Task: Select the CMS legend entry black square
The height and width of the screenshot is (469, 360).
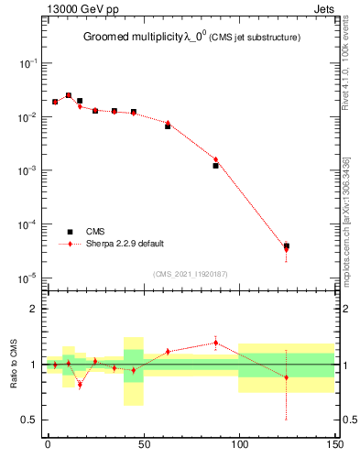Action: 70,232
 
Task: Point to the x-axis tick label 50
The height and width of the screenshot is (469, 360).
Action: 143,443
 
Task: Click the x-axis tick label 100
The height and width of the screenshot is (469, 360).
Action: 238,443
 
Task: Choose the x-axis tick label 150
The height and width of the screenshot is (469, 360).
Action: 334,443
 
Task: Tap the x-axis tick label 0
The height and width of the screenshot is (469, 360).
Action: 48,443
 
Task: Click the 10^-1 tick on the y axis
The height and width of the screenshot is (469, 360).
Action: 28,63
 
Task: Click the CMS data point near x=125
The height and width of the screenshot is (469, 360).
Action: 287,246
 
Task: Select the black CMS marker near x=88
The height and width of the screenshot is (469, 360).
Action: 215,166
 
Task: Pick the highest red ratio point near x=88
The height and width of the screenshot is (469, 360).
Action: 215,343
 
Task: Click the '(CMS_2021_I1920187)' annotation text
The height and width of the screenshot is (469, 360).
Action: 191,273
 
